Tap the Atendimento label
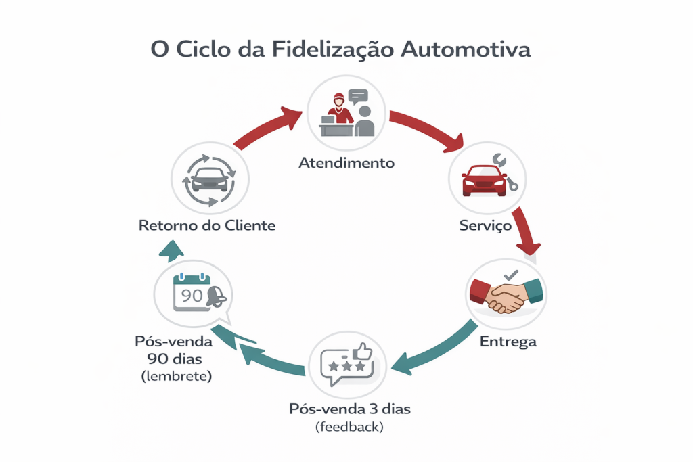click(x=346, y=163)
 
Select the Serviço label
click(x=485, y=226)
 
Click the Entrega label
click(x=508, y=342)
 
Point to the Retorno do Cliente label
click(x=207, y=226)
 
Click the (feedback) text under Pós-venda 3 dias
click(x=349, y=427)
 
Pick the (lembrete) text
click(x=177, y=376)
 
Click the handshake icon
click(x=506, y=296)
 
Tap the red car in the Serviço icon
click(x=483, y=181)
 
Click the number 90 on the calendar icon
click(x=192, y=295)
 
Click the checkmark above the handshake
click(x=511, y=275)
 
